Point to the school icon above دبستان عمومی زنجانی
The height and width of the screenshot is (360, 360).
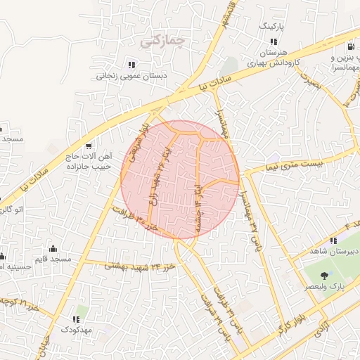[131, 65]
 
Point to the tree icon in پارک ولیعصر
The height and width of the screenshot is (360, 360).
[323, 276]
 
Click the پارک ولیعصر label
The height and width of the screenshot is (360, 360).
[327, 288]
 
